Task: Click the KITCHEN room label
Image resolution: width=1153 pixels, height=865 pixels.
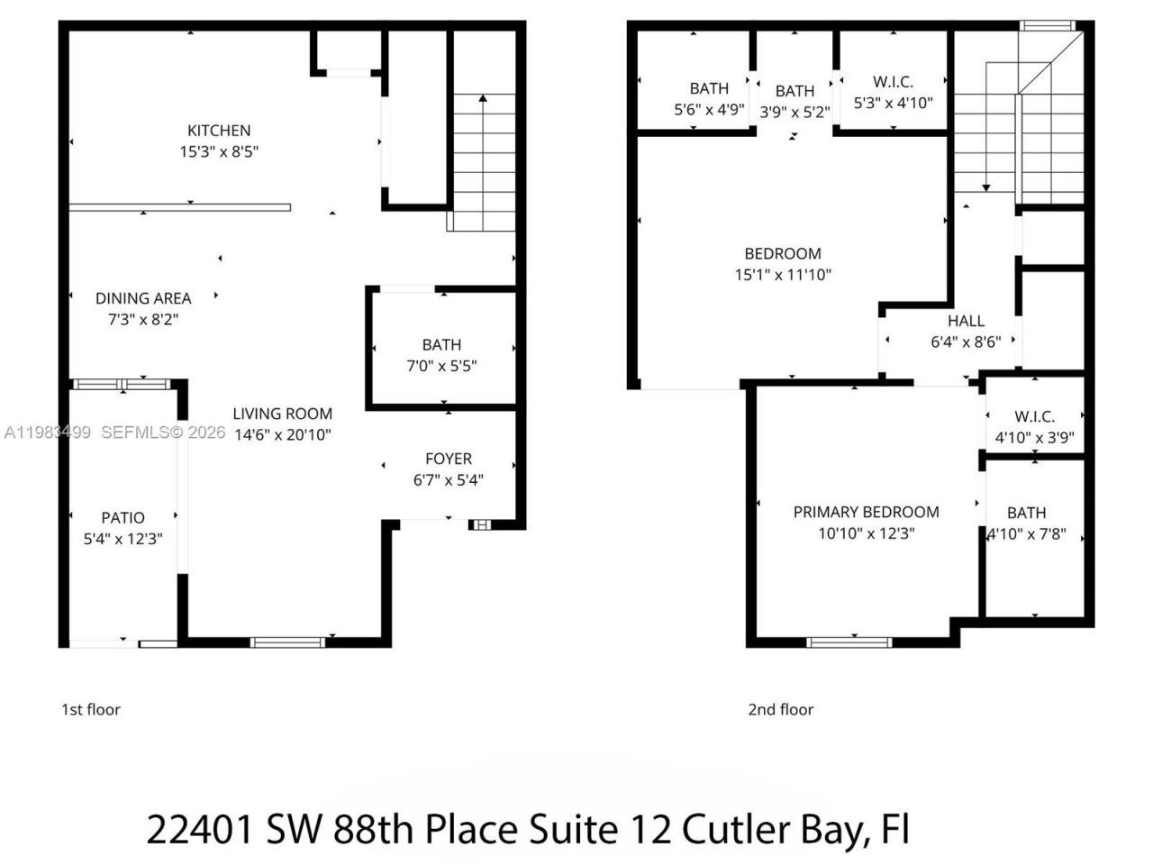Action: pyautogui.click(x=219, y=131)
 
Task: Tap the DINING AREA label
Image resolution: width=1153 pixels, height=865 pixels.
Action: pyautogui.click(x=143, y=298)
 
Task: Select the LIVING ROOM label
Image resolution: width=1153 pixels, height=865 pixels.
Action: pyautogui.click(x=282, y=414)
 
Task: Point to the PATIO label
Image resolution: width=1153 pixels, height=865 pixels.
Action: pyautogui.click(x=123, y=517)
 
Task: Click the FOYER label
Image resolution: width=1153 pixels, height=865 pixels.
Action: pyautogui.click(x=449, y=459)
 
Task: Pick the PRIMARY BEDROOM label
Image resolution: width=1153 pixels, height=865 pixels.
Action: pyautogui.click(x=866, y=512)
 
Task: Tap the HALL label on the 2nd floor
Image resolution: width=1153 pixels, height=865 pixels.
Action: pyautogui.click(x=966, y=321)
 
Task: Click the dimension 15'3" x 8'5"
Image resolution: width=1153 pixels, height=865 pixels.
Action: pyautogui.click(x=219, y=152)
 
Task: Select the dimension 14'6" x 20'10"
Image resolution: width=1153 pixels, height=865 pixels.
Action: pyautogui.click(x=282, y=434)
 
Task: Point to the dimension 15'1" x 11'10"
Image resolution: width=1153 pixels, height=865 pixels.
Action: pyautogui.click(x=782, y=275)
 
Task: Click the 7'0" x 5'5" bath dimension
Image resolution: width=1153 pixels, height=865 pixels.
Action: pyautogui.click(x=441, y=366)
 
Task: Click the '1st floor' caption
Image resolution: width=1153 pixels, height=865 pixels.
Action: pyautogui.click(x=90, y=709)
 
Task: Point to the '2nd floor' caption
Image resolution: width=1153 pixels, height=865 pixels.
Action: pyautogui.click(x=780, y=709)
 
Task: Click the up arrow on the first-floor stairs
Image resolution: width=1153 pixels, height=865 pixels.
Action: pyautogui.click(x=484, y=99)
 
